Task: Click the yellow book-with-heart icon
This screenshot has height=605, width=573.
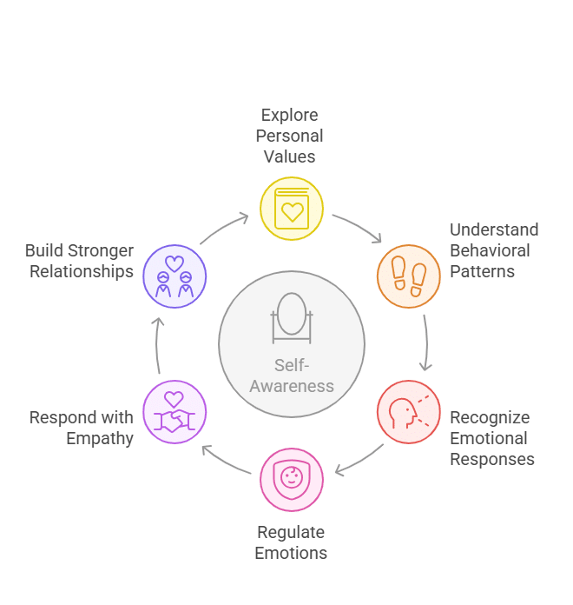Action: point(292,209)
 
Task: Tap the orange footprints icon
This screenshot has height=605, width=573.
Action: point(408,276)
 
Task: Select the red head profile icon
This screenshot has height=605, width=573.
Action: point(408,412)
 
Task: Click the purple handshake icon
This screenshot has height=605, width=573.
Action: point(175,412)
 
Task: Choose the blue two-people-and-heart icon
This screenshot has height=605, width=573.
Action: point(175,276)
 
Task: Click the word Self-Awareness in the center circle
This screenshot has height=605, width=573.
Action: point(292,376)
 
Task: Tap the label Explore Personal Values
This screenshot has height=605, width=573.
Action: point(289,136)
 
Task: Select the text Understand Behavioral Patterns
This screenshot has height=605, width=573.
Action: point(494,250)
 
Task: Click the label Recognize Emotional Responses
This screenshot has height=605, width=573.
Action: point(492,438)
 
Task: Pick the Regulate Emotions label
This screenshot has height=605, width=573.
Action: point(291,542)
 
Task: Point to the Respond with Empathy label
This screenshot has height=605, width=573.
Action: point(82,428)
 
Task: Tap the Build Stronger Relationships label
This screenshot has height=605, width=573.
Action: point(79,261)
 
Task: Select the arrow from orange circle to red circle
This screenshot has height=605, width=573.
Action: point(426,342)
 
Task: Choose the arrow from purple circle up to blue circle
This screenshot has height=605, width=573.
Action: point(156,344)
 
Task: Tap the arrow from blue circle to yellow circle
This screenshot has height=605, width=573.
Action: point(222,227)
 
